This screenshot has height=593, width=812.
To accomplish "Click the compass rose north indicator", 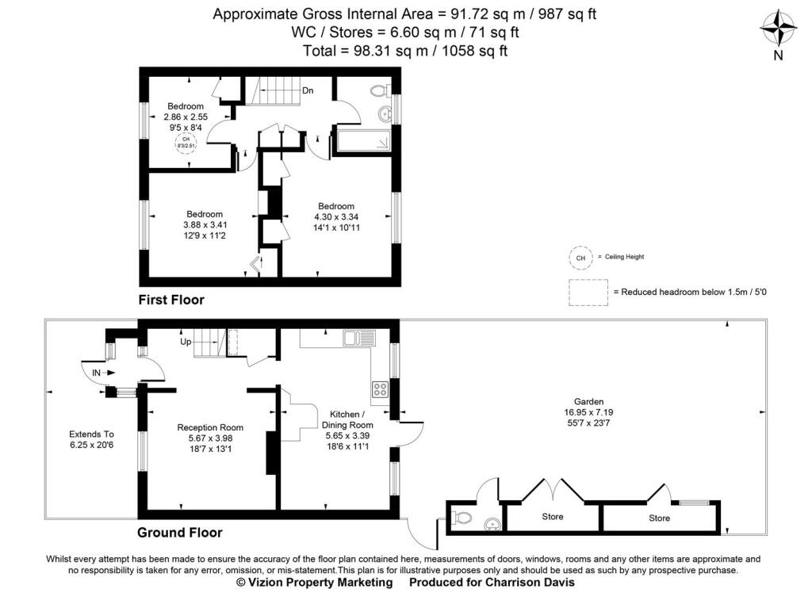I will [778, 29].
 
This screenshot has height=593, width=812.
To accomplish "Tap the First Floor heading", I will [171, 300].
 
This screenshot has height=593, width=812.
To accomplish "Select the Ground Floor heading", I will [179, 533].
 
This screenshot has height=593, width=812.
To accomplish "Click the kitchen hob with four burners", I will [380, 389].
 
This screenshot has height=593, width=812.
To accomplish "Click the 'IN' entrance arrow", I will [104, 372].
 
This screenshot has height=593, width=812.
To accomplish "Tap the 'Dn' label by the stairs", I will [308, 90].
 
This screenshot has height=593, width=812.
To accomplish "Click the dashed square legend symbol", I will [588, 292].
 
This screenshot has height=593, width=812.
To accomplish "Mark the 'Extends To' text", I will [92, 434].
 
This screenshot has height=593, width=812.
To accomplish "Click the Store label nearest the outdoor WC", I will [553, 517].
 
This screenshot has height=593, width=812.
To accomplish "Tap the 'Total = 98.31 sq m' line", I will [405, 51].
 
